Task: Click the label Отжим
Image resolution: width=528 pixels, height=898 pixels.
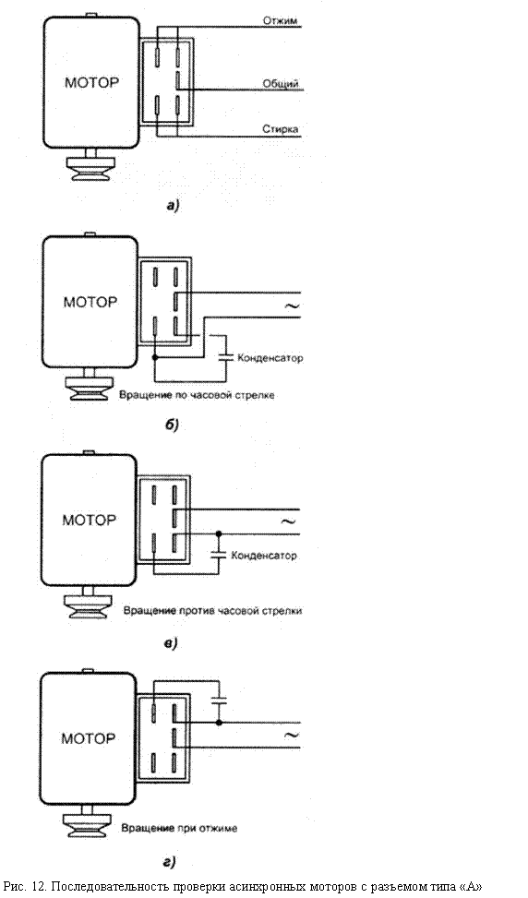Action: pos(280,20)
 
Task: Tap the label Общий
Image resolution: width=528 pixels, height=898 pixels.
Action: pos(281,84)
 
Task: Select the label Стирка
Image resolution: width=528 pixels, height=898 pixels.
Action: pos(281,129)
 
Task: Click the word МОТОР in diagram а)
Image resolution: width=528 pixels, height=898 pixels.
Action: pos(91,82)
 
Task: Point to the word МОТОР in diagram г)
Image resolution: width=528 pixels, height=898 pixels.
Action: pos(89,738)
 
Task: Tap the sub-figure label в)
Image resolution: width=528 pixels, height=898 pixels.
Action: pos(171,643)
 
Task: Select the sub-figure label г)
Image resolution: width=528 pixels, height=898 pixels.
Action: pos(170,861)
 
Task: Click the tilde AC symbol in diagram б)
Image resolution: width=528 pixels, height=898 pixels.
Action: pos(292,305)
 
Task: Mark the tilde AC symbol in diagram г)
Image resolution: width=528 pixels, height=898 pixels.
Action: pos(292,735)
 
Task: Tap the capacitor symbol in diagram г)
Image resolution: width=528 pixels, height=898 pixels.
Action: pos(219,700)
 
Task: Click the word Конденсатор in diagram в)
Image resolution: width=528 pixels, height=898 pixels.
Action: pos(264,556)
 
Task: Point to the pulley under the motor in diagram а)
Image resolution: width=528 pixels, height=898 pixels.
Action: pos(90,168)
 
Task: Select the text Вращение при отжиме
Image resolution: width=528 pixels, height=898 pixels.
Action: pos(179,828)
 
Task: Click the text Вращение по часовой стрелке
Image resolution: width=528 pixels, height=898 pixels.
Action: pos(197,395)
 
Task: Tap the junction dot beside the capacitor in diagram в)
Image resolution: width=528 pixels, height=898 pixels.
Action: pos(218,533)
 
